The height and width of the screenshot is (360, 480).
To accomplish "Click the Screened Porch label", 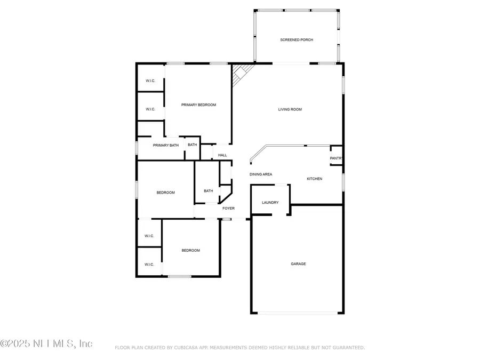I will (297, 40).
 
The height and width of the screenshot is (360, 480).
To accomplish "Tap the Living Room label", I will (290, 109).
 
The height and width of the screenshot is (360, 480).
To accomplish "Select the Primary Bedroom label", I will (198, 105).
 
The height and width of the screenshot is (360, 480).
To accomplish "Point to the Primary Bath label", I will (165, 145).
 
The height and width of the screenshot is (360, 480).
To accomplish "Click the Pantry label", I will (336, 158).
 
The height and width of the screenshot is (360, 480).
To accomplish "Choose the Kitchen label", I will (314, 179).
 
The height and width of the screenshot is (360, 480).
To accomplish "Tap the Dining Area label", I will (261, 174).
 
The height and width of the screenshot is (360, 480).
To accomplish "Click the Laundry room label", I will (270, 203).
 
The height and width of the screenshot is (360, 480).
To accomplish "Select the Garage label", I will (298, 264).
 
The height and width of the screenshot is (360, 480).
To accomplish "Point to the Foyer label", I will (228, 209).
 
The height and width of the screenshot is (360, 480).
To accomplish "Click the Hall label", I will (222, 155).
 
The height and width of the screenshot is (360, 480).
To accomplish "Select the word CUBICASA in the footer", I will (184, 348).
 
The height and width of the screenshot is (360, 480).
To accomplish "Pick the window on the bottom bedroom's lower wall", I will (179, 276).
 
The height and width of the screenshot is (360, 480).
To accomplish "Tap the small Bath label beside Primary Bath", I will (192, 145).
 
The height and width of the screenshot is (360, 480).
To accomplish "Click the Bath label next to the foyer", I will (208, 191).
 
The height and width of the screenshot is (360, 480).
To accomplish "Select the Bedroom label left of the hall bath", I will (165, 193).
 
